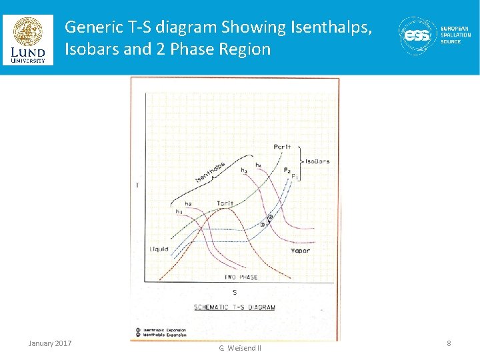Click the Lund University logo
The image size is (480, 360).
tap(27, 40)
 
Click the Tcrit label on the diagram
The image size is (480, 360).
tap(225, 203)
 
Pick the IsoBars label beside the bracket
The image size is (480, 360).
tap(317, 161)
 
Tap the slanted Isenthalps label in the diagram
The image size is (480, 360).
tap(210, 173)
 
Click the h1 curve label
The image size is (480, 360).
tap(179, 211)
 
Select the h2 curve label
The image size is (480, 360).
tap(189, 203)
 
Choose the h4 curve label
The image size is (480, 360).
tap(258, 165)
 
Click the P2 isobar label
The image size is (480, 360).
tap(287, 171)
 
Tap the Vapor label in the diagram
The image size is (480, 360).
tap(300, 251)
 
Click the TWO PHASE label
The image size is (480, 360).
tap(241, 277)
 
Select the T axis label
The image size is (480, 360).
tap(137, 185)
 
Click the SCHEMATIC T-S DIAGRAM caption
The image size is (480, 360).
tap(235, 307)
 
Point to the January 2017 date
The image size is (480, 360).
tap(50, 343)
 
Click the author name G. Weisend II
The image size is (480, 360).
tap(240, 348)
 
